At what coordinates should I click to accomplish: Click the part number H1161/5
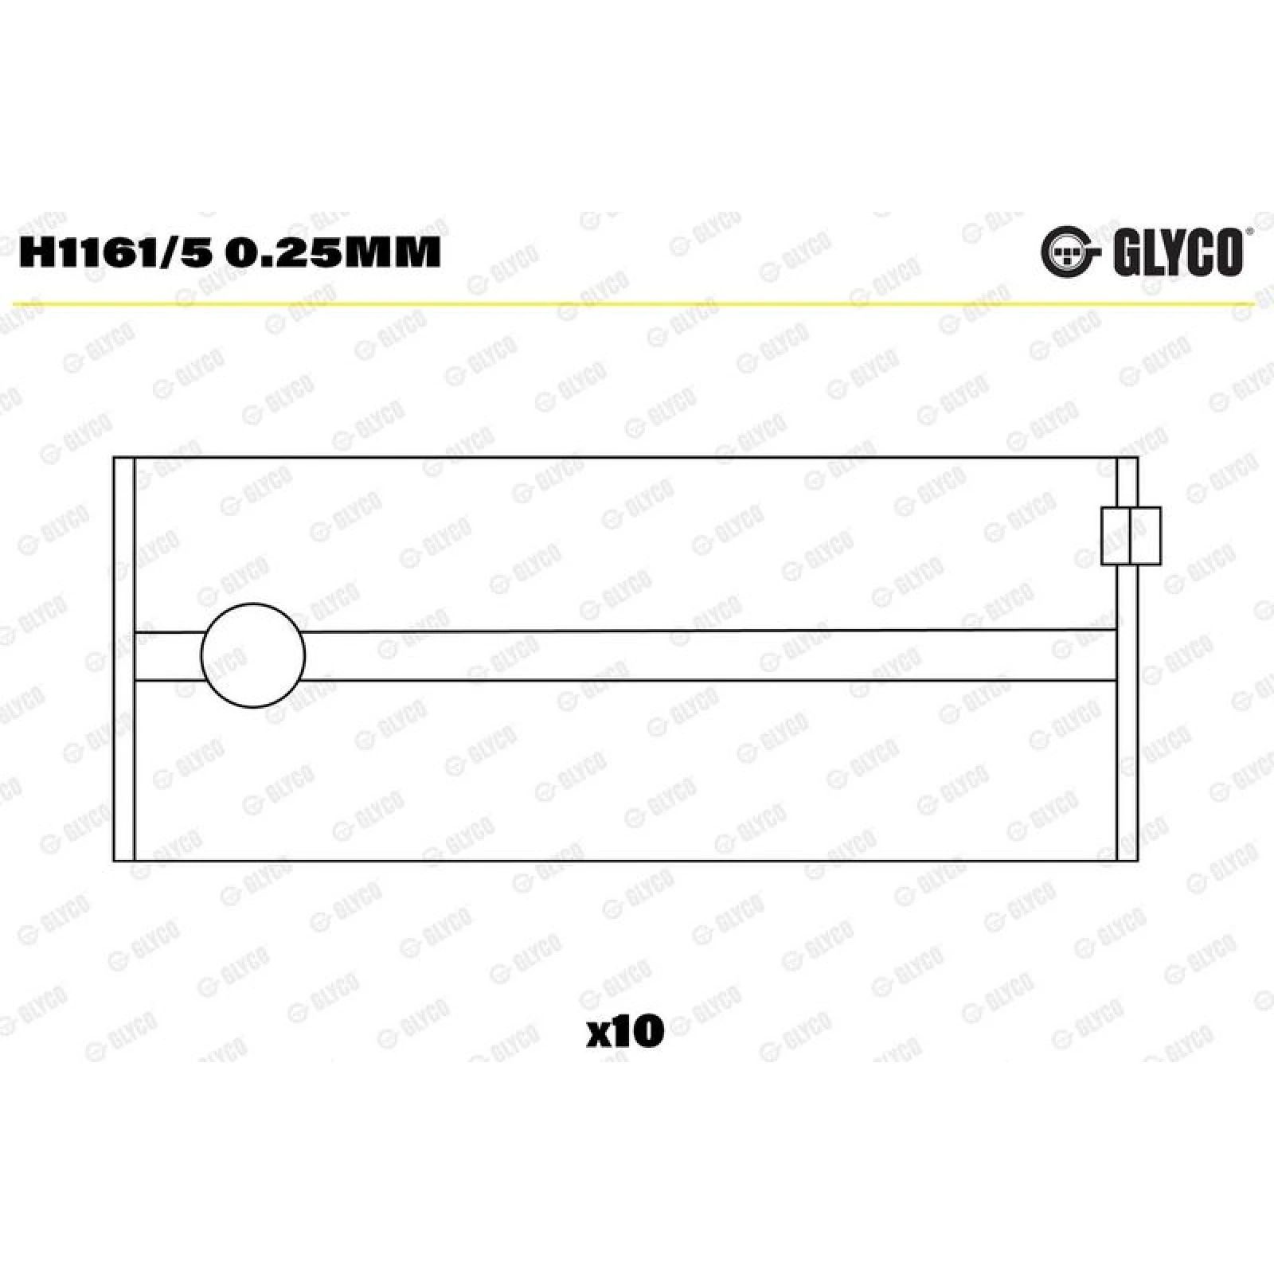coord(115,252)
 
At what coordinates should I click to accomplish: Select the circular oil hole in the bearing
coord(253,655)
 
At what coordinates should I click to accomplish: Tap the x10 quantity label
coord(625,1032)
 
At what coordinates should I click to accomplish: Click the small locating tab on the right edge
coord(1131,536)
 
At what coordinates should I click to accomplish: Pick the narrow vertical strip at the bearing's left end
coord(124,659)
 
